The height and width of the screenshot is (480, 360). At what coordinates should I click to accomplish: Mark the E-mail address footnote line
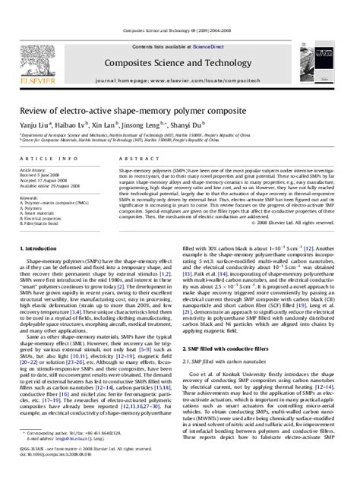point(73,459)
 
